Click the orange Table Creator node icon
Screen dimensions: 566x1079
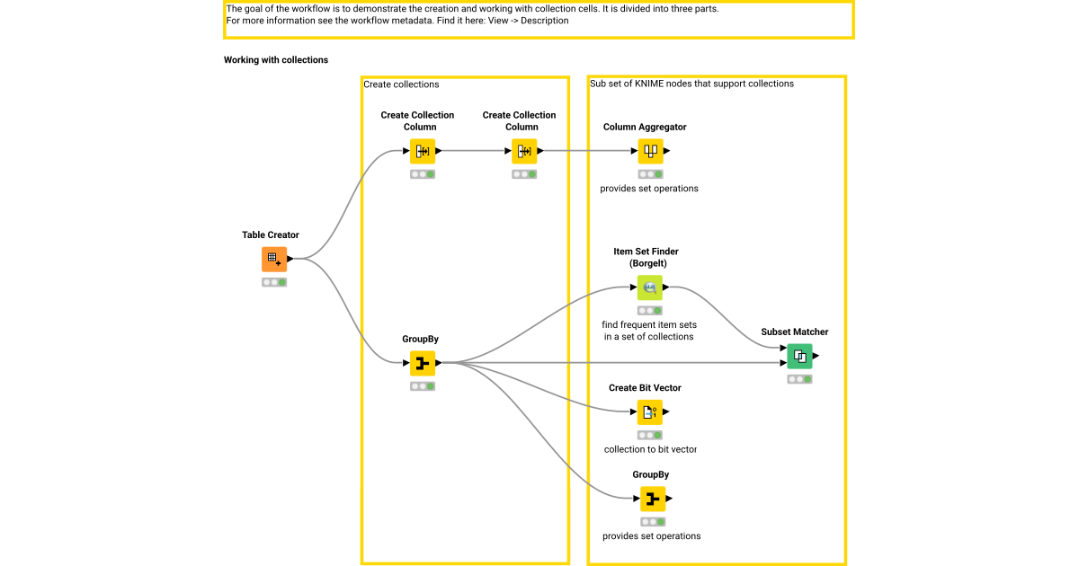tap(274, 259)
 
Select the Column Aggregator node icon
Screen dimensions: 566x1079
tap(650, 151)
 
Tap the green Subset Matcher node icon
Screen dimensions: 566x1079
tap(799, 357)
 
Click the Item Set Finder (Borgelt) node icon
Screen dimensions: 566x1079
tap(650, 287)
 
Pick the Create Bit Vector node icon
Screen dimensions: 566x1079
tap(650, 412)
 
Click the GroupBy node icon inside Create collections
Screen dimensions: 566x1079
tap(423, 363)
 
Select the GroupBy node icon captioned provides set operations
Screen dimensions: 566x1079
tap(653, 499)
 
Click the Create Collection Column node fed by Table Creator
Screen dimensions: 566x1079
tap(423, 151)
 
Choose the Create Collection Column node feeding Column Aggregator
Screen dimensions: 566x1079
tap(524, 151)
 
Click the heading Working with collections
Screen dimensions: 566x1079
tap(276, 60)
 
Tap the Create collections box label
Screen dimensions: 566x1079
tap(401, 84)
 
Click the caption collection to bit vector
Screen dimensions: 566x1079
tap(650, 449)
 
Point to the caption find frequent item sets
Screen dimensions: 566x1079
tap(649, 324)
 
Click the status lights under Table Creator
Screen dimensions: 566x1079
tap(274, 282)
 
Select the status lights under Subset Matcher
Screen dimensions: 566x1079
tap(799, 379)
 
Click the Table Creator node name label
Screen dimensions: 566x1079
tap(271, 235)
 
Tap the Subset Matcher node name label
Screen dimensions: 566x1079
tap(795, 332)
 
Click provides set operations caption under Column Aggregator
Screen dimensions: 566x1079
tap(649, 189)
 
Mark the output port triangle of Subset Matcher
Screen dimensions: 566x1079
tap(816, 357)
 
